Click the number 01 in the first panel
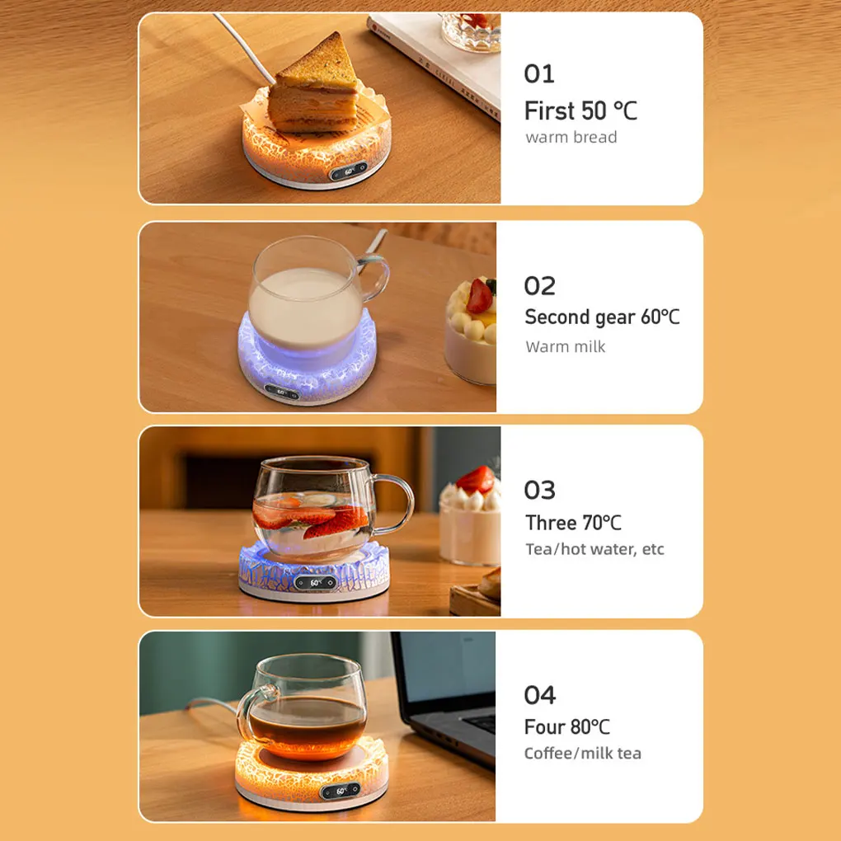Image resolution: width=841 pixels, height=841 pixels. click(x=539, y=74)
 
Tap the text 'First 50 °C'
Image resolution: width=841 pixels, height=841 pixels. click(x=580, y=110)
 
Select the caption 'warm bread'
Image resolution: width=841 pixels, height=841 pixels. click(x=571, y=137)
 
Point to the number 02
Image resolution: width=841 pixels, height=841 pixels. click(x=540, y=286)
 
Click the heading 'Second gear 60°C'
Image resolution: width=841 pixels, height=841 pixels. click(x=602, y=317)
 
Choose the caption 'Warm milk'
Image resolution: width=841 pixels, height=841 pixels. click(x=565, y=346)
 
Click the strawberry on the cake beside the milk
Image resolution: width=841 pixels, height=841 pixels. click(x=480, y=296)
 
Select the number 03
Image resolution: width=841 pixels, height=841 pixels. click(x=540, y=491)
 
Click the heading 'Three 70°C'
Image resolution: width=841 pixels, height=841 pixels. click(x=573, y=523)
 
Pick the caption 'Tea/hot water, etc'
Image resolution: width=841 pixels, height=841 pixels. click(x=594, y=549)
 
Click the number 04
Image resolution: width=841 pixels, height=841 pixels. click(x=540, y=695)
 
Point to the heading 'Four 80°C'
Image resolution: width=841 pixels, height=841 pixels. click(x=567, y=726)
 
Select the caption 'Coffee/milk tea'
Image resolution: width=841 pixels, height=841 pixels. click(x=582, y=753)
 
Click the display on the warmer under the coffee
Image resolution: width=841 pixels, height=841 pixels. click(x=341, y=792)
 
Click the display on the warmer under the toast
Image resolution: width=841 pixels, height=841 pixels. click(x=350, y=173)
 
